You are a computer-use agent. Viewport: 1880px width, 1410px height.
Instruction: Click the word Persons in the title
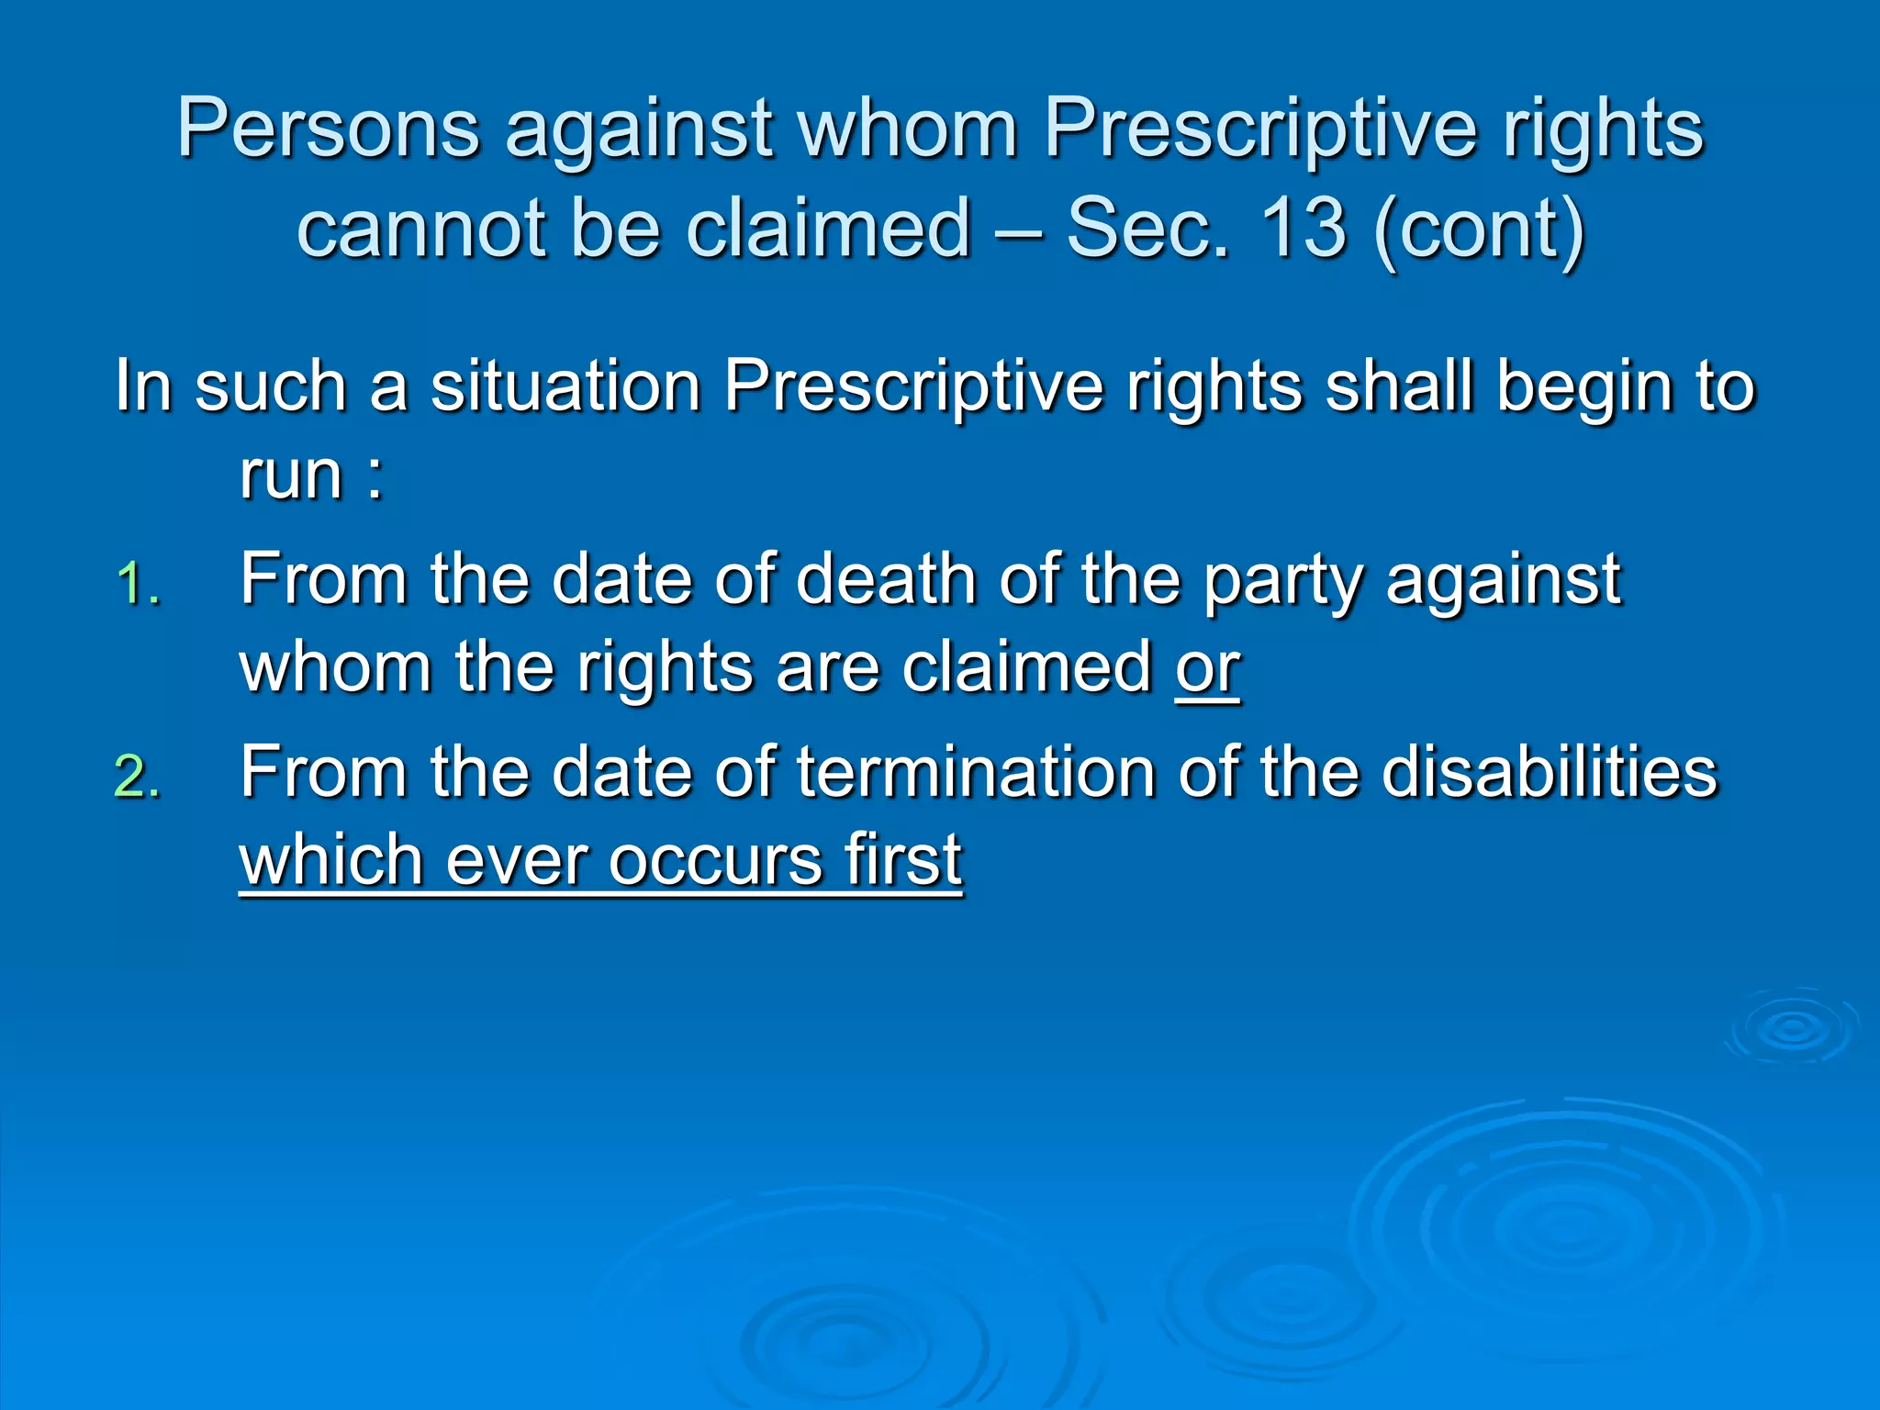pyautogui.click(x=329, y=129)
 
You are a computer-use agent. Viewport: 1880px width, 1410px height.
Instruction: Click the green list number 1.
pyautogui.click(x=138, y=585)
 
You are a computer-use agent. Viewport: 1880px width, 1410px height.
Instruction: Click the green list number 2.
pyautogui.click(x=138, y=778)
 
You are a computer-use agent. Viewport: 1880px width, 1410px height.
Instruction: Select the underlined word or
pyautogui.click(x=1207, y=667)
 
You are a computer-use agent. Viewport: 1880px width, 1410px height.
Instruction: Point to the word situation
pyautogui.click(x=566, y=386)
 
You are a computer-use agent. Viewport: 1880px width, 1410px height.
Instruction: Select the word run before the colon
pyautogui.click(x=291, y=476)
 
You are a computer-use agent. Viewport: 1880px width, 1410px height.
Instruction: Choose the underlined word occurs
pyautogui.click(x=716, y=860)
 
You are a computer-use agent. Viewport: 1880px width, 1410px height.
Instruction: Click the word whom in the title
pyautogui.click(x=909, y=129)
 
